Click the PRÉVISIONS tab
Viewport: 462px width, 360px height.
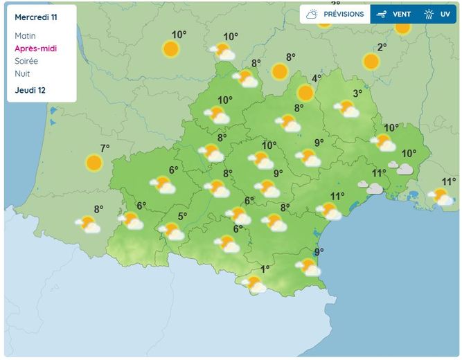[x=335, y=14]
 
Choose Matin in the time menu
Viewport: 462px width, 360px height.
[x=24, y=36]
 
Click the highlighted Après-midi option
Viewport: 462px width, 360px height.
[x=35, y=48]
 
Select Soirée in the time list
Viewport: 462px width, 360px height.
[x=26, y=61]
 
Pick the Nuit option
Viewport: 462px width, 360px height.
[x=21, y=73]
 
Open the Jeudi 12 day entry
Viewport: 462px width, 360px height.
[x=30, y=90]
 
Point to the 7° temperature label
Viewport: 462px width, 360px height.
[x=105, y=148]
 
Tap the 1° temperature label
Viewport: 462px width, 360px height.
[x=265, y=269]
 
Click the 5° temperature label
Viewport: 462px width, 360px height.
[x=182, y=216]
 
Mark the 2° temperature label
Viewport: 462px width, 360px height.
[x=382, y=47]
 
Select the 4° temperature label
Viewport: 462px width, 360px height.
[x=317, y=78]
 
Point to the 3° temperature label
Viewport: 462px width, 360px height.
[x=357, y=93]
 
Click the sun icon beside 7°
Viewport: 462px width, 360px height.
[x=94, y=163]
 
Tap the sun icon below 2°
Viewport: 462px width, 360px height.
[x=371, y=61]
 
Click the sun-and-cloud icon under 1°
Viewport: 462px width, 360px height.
[x=254, y=284]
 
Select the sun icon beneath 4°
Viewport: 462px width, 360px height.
[x=305, y=93]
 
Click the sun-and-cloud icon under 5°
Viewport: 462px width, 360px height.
[x=171, y=231]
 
